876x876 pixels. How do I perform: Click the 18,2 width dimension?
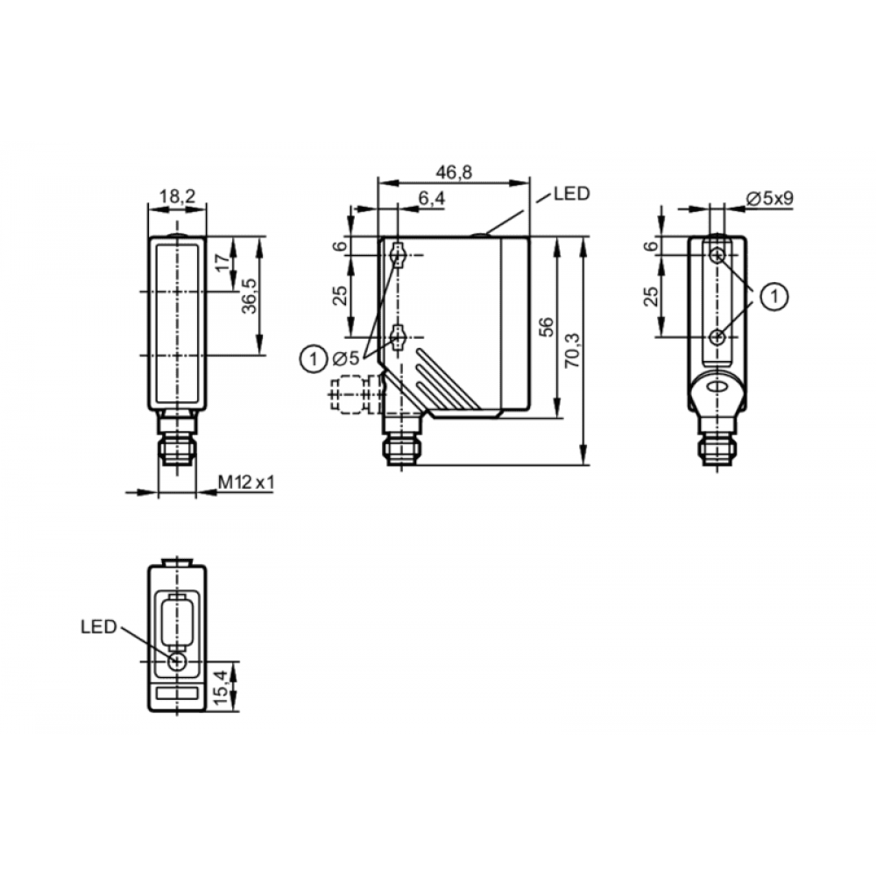coord(177,196)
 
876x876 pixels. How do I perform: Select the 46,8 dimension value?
coord(454,172)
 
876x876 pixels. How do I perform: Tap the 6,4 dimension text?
coord(431,198)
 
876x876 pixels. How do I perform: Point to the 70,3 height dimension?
coord(572,350)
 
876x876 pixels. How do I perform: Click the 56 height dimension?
coord(547,327)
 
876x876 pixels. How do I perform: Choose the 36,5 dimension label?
coord(249,295)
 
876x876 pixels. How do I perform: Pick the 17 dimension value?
coord(223,263)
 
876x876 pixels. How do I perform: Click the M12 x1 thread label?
coord(246,482)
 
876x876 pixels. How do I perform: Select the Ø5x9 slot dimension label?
coord(769,198)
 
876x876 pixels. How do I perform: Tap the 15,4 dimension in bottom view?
coord(221,687)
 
